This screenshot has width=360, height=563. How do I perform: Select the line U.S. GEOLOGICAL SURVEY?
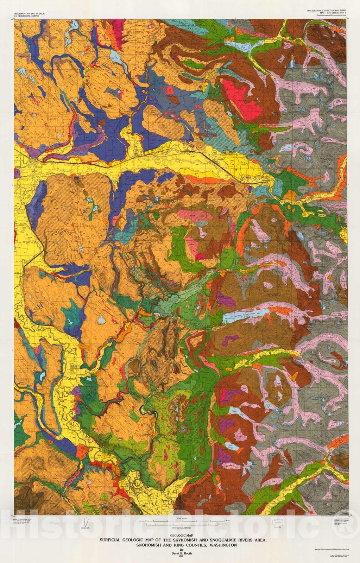[x=25, y=16]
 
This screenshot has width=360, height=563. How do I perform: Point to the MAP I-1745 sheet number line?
[x=327, y=13]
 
